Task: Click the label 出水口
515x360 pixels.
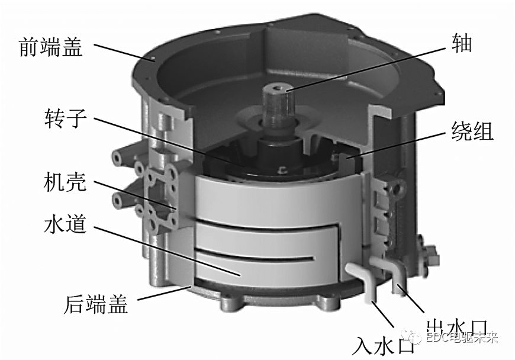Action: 456,326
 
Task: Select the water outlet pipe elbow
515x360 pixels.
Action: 391,266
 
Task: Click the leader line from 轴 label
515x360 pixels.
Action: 367,66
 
